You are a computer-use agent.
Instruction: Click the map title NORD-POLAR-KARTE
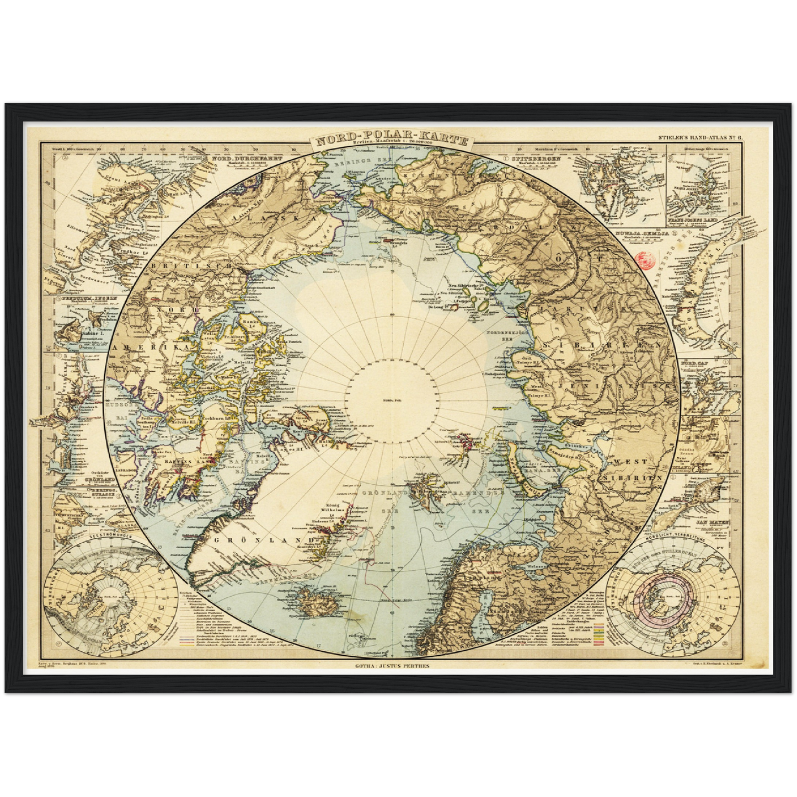(x=389, y=138)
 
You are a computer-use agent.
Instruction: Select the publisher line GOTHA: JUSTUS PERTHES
(x=392, y=666)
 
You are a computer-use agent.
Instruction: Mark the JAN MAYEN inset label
(x=713, y=521)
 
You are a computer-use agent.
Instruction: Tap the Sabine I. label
(x=93, y=334)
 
